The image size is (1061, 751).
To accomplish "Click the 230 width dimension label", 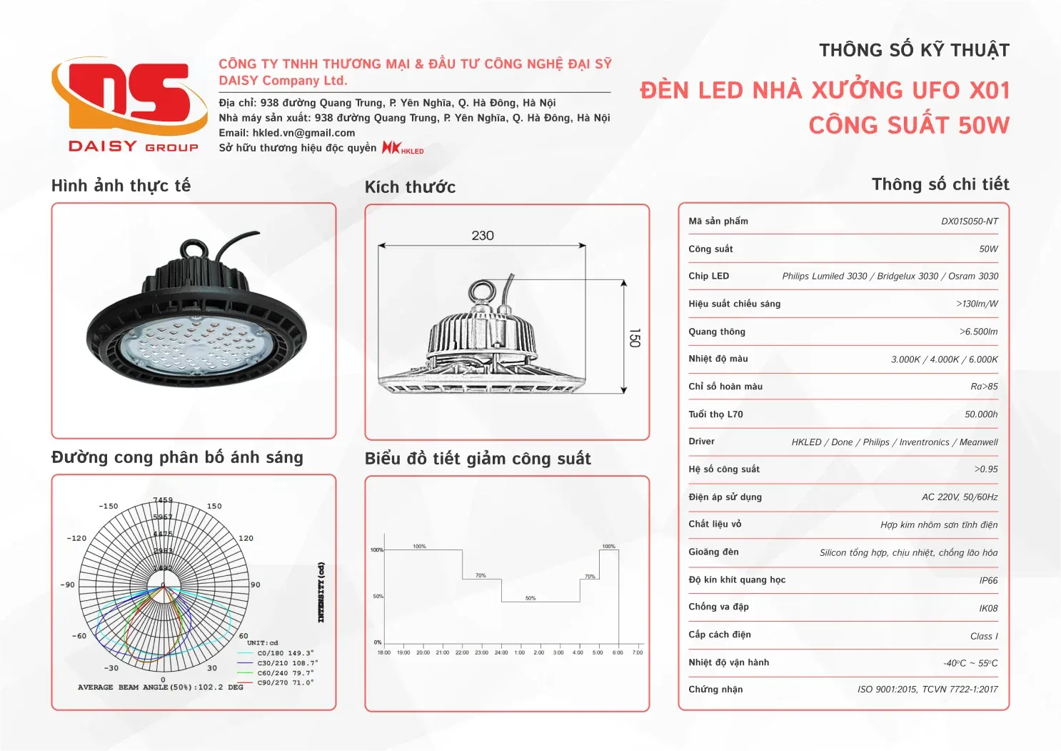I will coord(483,236).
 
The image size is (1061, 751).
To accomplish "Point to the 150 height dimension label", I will coord(634,338).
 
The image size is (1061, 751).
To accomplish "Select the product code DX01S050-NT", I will coord(969,222).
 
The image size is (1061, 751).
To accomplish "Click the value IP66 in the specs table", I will coord(988,581).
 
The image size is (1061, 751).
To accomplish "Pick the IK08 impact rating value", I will coord(988,609).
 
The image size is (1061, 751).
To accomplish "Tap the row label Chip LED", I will coord(708,277).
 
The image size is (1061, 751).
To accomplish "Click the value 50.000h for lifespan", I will coord(981,414).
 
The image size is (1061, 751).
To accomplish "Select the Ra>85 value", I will coord(984,387).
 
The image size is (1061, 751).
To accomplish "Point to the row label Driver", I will coord(701,442).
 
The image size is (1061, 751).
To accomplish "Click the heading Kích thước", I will coord(410,187).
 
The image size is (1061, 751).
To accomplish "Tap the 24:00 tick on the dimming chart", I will coord(501,652).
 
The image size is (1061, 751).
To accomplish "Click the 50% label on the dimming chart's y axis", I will coord(378,596).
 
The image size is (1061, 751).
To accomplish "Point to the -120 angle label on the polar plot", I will coord(76,538).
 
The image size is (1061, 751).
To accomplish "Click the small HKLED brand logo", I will coord(403,148).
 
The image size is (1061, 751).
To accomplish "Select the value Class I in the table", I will coord(984,637).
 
